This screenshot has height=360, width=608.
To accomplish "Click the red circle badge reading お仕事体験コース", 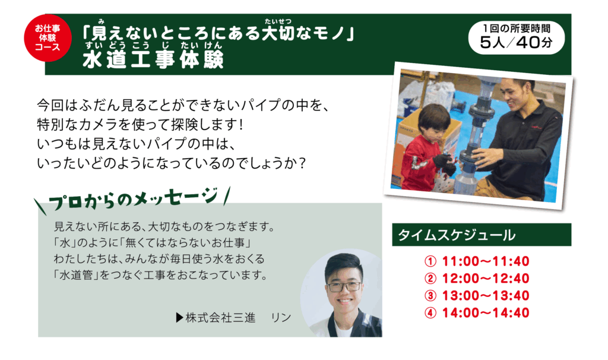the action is click(47, 37).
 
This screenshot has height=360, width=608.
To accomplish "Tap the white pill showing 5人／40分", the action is click(516, 37).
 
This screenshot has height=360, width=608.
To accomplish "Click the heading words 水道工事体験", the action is click(153, 59).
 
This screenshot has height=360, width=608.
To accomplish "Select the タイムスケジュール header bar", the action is click(482, 235).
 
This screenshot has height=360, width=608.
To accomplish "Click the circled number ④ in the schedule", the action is click(430, 313).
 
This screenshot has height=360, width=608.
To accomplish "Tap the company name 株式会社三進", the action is click(220, 318).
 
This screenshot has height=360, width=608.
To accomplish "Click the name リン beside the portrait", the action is click(281, 318).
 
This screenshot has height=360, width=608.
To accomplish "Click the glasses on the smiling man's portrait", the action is click(344, 287).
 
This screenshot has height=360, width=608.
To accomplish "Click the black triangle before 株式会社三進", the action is click(179, 318).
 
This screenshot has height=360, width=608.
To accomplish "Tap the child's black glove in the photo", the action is click(445, 163).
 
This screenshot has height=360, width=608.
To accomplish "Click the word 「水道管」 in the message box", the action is click(76, 276).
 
